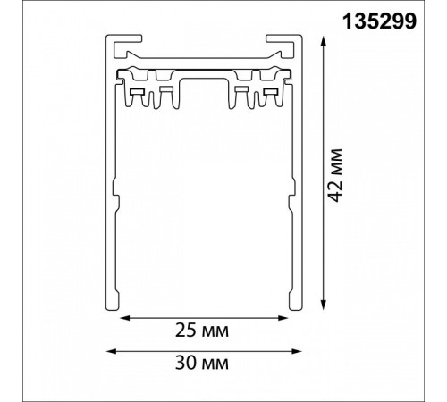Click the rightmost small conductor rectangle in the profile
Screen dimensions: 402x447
[272, 92]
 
